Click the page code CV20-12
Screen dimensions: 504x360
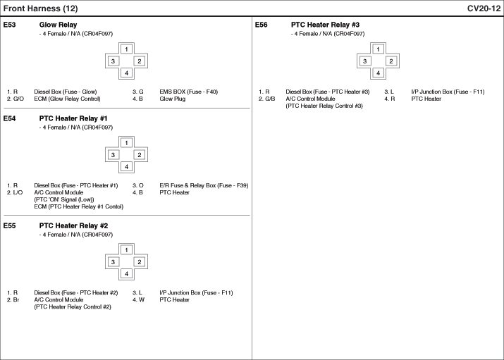point(484,8)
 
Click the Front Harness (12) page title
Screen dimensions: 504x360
point(40,8)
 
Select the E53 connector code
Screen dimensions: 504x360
point(9,25)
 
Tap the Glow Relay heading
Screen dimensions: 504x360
point(59,25)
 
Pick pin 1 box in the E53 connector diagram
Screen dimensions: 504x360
point(126,49)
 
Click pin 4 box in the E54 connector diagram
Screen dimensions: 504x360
point(126,167)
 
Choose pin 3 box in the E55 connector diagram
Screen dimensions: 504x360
point(113,262)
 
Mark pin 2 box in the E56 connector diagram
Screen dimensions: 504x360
point(391,61)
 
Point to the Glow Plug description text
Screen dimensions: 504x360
point(173,99)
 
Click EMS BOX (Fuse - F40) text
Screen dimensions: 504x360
point(189,92)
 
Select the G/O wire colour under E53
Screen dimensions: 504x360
point(18,99)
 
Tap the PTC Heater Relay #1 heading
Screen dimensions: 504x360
point(73,118)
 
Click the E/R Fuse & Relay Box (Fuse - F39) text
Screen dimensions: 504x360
point(204,185)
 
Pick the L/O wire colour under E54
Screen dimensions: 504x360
point(18,193)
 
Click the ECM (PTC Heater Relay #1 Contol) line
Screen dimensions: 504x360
point(79,207)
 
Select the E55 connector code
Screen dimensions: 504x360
point(9,225)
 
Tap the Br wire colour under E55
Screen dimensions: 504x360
point(16,300)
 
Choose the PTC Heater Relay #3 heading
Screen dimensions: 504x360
point(325,25)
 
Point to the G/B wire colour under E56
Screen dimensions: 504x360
point(270,99)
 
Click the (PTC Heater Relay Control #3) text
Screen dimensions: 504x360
point(324,106)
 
